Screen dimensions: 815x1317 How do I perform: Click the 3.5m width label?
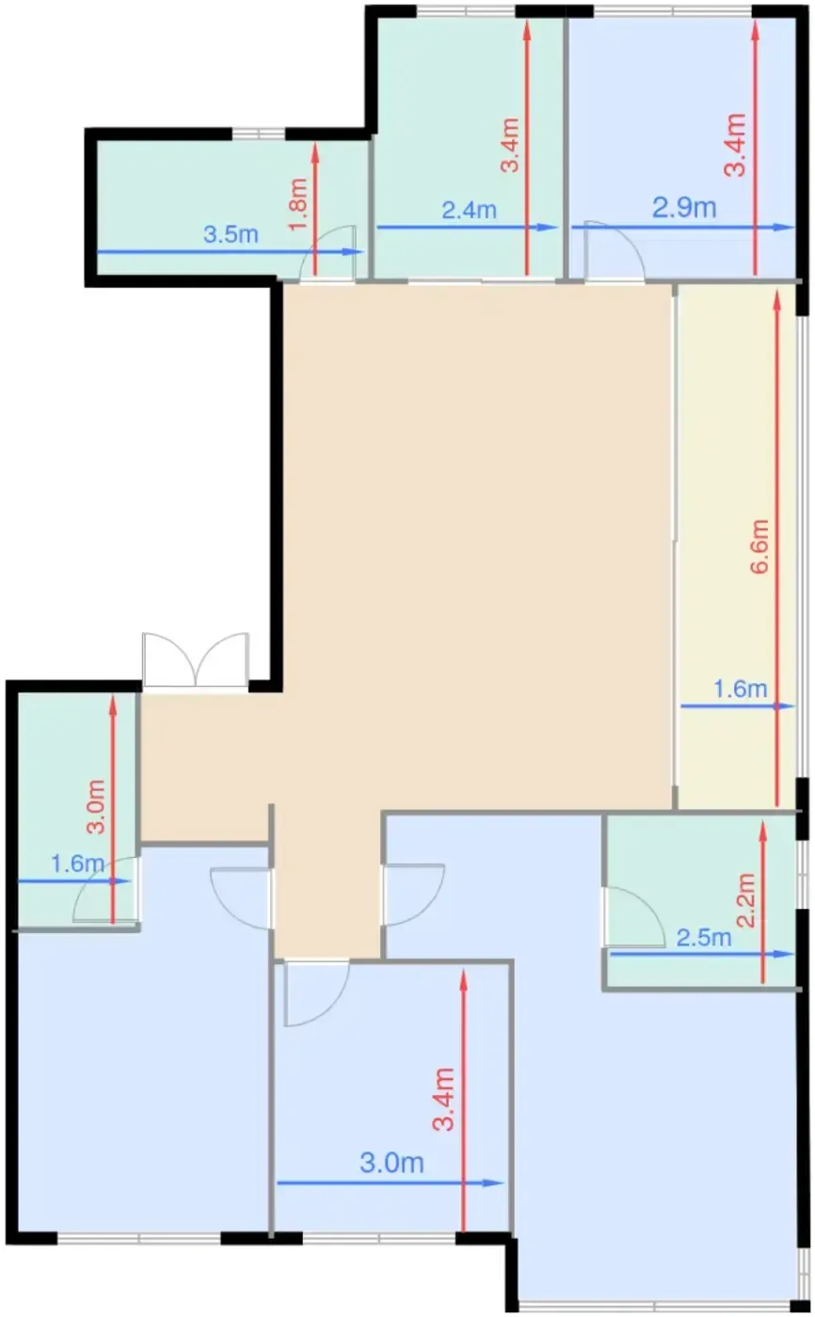click(x=231, y=234)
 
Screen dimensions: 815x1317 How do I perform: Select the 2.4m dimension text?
click(x=469, y=210)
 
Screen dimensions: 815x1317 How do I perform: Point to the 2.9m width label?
click(x=684, y=208)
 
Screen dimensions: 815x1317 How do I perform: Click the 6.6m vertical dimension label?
click(x=759, y=546)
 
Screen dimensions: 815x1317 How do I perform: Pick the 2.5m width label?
click(x=703, y=937)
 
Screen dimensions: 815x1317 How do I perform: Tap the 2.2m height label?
click(x=745, y=900)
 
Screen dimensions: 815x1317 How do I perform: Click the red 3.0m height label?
click(x=96, y=807)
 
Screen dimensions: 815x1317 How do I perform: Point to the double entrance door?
click(x=196, y=659)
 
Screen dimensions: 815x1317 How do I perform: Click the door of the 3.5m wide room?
click(x=328, y=254)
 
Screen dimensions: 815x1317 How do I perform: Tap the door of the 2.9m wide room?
click(x=614, y=250)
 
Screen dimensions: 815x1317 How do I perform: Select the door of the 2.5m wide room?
click(x=633, y=916)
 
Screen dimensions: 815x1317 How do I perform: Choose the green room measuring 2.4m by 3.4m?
click(x=469, y=147)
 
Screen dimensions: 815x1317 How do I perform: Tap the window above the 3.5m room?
click(x=258, y=134)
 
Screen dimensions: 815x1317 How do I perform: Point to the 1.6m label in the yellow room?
click(x=740, y=689)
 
